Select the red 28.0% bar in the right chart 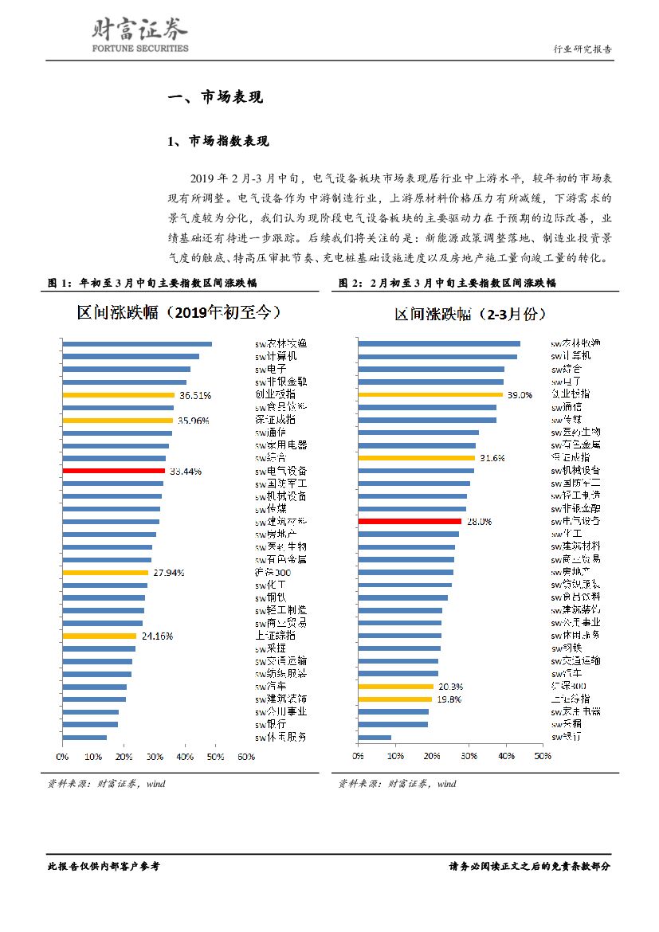pos(410,521)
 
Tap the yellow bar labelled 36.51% pos(118,394)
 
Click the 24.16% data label pos(157,636)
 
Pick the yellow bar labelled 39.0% pos(430,394)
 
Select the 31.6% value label pos(487,458)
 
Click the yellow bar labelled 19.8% pos(395,699)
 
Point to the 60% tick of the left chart pos(245,756)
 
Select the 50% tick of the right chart pos(542,756)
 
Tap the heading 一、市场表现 pos(214,98)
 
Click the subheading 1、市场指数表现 pos(218,142)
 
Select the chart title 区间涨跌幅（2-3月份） pos(470,314)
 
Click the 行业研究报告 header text pos(583,49)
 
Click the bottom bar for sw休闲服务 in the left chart pos(84,738)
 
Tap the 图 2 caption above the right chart pos(447,283)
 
